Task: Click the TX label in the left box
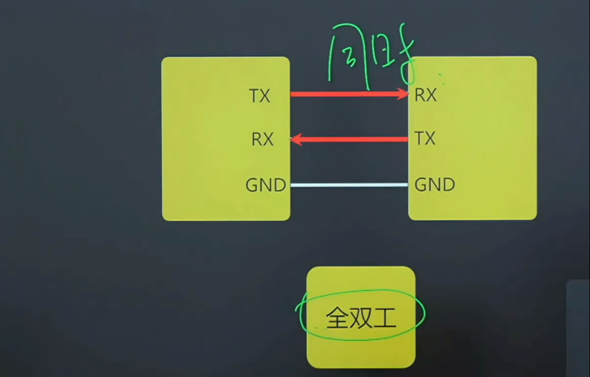pos(259,96)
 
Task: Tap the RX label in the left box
pos(262,140)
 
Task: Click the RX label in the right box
pos(425,96)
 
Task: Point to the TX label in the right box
pos(425,138)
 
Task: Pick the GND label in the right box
pos(435,184)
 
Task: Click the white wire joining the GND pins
pos(349,185)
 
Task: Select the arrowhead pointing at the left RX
pos(296,140)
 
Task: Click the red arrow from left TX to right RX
pos(347,94)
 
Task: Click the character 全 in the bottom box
pos(335,318)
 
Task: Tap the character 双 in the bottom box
pos(360,318)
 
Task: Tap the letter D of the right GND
pos(448,184)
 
